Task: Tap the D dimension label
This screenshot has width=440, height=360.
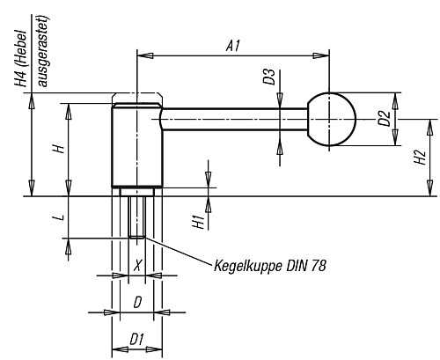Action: coord(136,302)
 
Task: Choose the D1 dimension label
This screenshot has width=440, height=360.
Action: coord(136,339)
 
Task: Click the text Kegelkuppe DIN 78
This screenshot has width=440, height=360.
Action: coord(269,265)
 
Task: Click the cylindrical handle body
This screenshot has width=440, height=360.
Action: coord(136,145)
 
